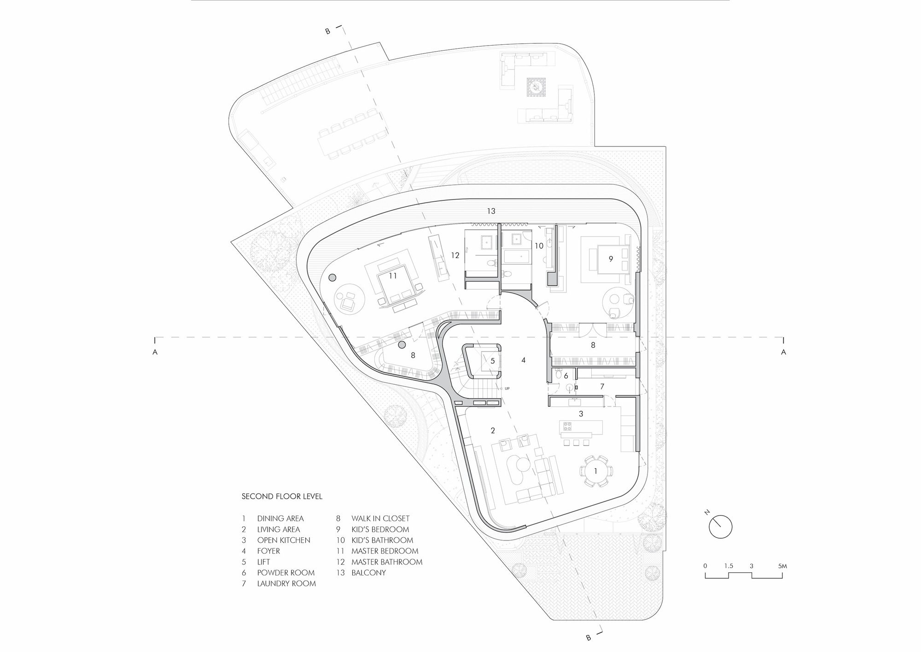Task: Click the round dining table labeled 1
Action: coord(595,471)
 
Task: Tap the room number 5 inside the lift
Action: coord(492,361)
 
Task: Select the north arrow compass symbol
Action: coord(720,526)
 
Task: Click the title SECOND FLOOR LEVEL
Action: coord(282,497)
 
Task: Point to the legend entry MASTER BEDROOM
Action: coord(385,551)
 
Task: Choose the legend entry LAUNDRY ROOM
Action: coord(286,583)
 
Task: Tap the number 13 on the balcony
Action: coord(491,211)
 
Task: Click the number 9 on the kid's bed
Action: coord(611,259)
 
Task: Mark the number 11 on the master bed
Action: coord(392,276)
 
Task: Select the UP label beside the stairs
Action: coord(507,388)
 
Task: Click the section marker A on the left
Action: coord(155,352)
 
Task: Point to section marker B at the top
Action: coord(328,32)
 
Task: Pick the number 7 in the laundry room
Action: coord(602,387)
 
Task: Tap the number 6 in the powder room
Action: coord(566,376)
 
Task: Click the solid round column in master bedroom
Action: coord(332,278)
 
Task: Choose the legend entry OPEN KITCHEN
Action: coord(284,540)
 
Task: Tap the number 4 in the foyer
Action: coord(523,360)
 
